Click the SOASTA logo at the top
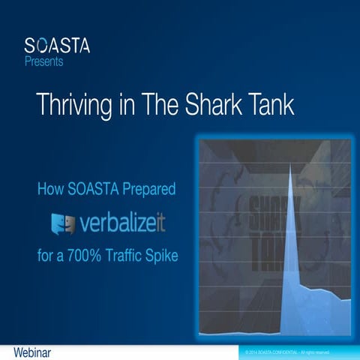(57, 46)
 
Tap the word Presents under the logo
(43, 61)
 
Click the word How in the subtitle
(50, 189)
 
